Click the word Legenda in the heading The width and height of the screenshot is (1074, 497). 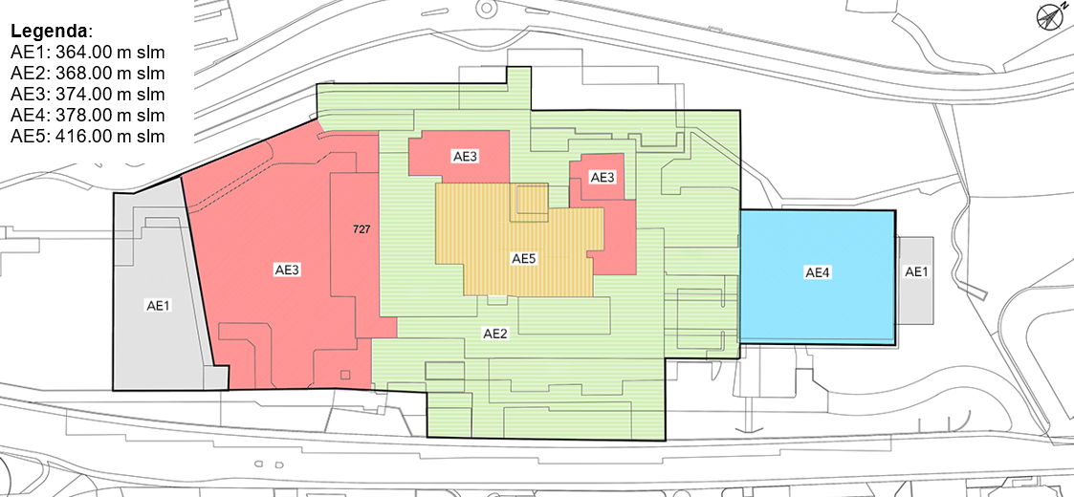(x=50, y=32)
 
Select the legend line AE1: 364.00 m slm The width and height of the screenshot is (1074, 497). (x=88, y=53)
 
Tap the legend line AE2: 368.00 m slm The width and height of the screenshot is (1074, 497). (x=88, y=74)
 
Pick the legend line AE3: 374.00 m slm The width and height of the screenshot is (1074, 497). (x=88, y=95)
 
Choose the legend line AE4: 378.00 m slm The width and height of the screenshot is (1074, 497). (x=88, y=115)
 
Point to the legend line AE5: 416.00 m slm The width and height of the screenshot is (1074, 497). (x=88, y=137)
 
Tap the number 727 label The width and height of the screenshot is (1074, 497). (x=362, y=230)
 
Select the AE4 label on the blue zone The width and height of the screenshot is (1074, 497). (x=817, y=272)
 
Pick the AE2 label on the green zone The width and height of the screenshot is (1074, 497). (x=494, y=335)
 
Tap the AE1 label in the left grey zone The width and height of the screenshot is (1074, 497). (x=158, y=306)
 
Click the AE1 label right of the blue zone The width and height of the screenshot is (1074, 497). (x=916, y=271)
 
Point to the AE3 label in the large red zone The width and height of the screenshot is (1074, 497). (x=288, y=270)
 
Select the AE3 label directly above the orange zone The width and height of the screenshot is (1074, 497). (x=465, y=156)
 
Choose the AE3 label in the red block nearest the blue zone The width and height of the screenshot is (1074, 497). (x=603, y=178)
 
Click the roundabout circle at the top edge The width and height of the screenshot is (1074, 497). (x=487, y=8)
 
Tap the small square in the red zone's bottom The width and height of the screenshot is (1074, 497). (x=345, y=374)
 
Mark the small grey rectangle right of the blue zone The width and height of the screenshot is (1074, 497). (x=916, y=281)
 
